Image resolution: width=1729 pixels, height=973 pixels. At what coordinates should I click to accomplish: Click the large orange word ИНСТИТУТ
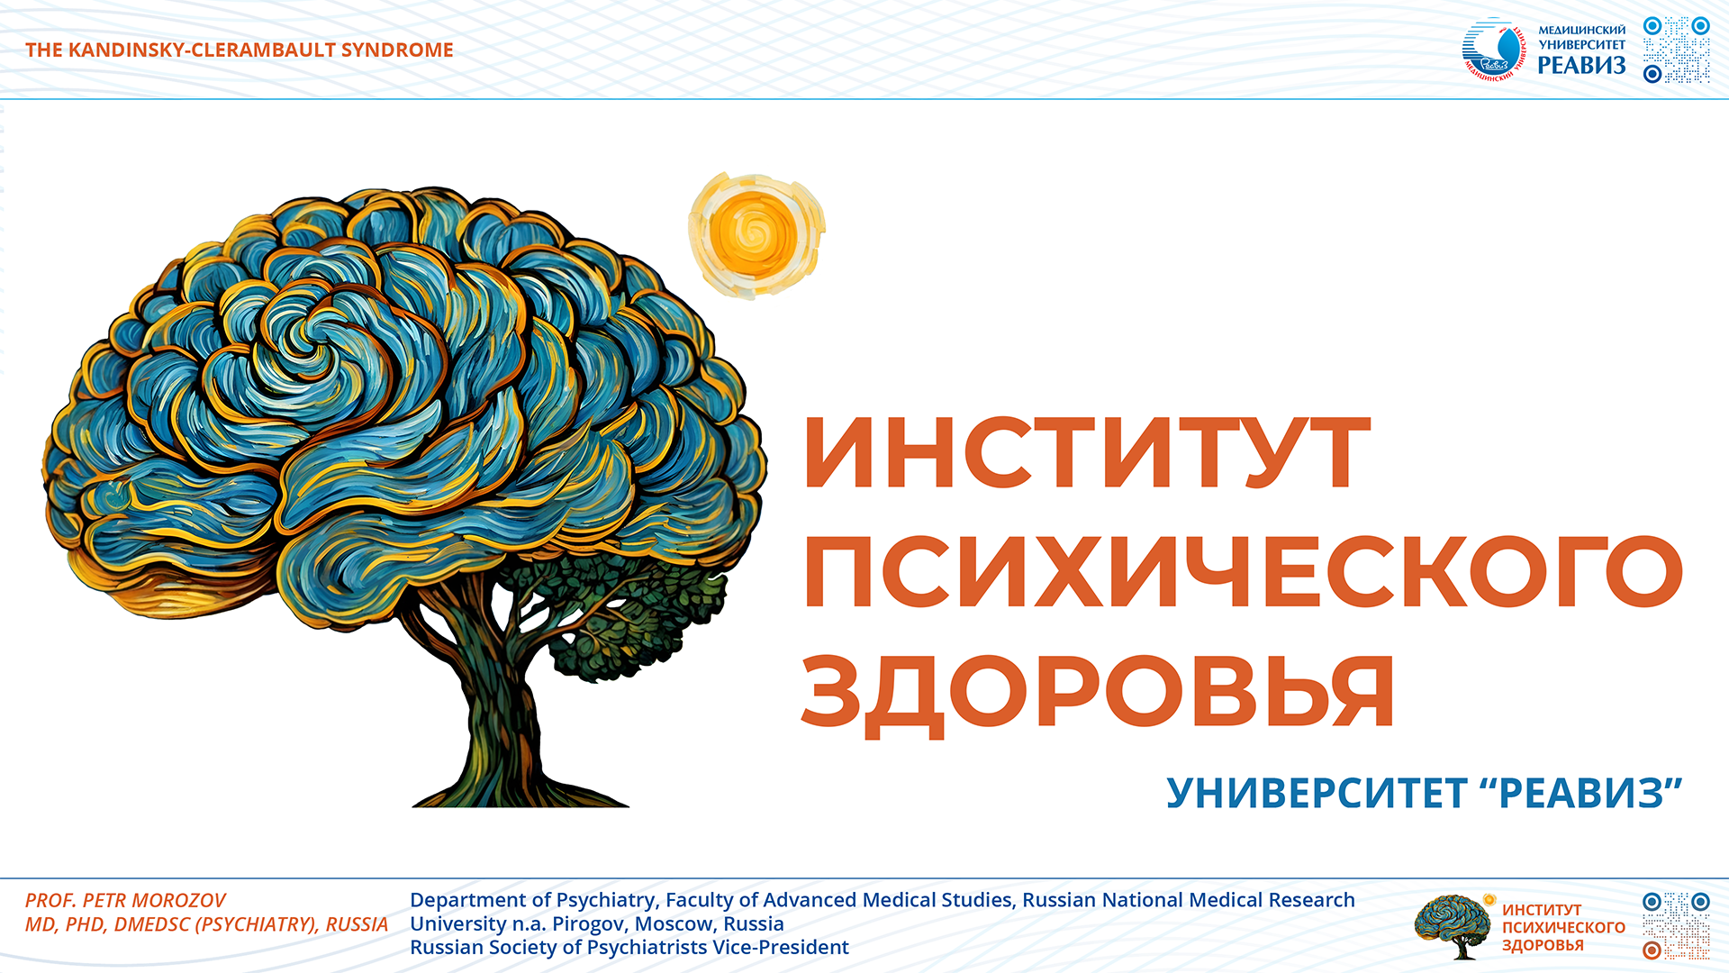point(1087,452)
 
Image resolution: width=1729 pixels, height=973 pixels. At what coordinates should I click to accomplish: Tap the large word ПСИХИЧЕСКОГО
point(1244,572)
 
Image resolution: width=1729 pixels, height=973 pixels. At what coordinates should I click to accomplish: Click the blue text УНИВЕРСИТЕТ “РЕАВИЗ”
point(1425,793)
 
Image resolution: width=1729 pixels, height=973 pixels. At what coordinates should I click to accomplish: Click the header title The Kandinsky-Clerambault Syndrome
point(240,50)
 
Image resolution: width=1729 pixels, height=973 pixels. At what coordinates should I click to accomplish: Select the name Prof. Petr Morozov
point(125,900)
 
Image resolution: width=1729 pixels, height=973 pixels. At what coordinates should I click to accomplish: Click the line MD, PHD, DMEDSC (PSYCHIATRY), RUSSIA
point(206,924)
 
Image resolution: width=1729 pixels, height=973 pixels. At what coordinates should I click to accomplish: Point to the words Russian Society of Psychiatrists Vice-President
point(629,948)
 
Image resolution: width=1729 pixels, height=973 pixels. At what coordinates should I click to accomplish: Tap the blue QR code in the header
point(1677,50)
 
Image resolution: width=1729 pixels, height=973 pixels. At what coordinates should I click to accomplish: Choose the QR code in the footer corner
point(1677,926)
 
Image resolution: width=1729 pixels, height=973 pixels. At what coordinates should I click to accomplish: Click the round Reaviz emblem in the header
point(1494,50)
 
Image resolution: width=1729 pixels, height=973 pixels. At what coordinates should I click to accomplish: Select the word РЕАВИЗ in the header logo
point(1581,65)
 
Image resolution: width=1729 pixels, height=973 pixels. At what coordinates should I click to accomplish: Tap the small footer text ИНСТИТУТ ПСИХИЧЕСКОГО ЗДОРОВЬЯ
point(1563,927)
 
